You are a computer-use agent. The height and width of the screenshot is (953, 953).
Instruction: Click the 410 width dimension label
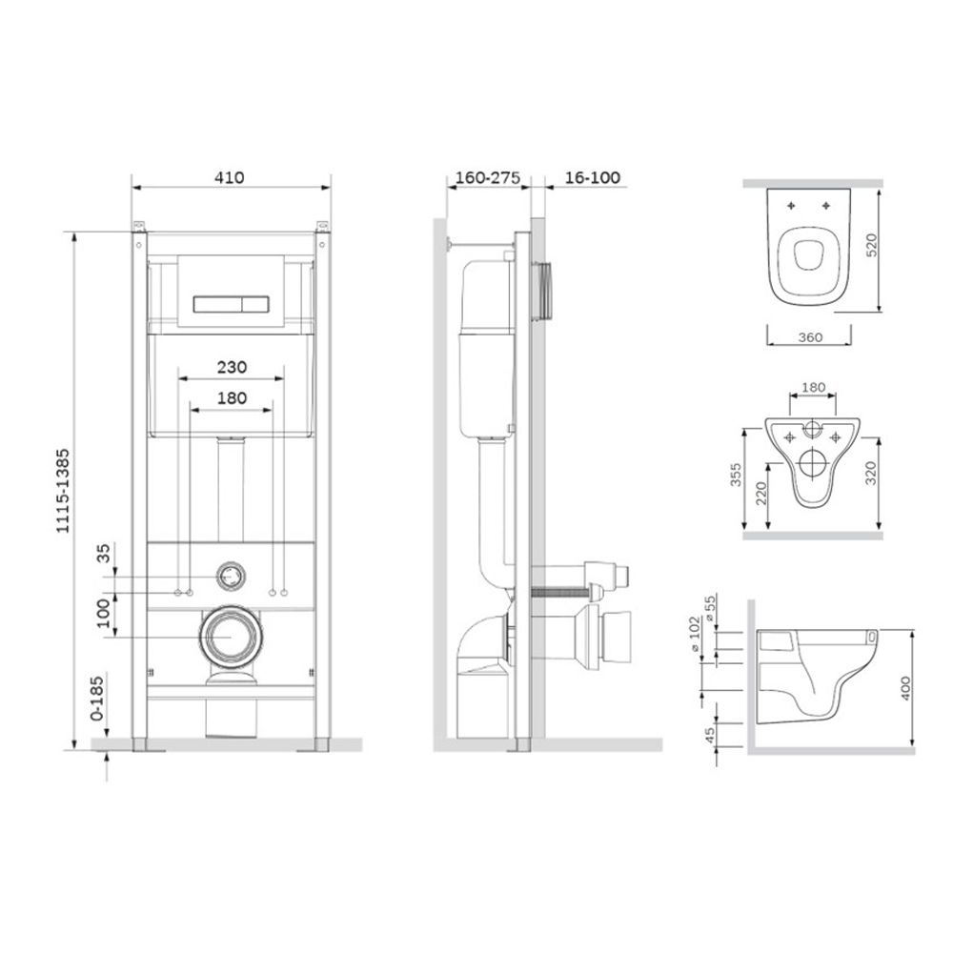(229, 177)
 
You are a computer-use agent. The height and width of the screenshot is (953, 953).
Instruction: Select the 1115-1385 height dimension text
(63, 491)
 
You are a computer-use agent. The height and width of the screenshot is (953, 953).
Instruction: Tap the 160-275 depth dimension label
(488, 177)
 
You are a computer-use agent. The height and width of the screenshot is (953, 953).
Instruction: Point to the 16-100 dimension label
(593, 177)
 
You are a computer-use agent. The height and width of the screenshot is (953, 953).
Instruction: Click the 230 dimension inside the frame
(233, 367)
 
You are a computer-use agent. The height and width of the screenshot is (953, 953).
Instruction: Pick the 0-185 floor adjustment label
(97, 699)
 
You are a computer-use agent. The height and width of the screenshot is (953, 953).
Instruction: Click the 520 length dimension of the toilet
(872, 245)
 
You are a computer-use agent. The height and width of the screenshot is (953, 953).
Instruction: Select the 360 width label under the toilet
(810, 337)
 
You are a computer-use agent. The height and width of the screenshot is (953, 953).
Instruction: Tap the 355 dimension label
(736, 476)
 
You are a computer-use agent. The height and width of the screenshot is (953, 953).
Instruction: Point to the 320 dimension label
(872, 473)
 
